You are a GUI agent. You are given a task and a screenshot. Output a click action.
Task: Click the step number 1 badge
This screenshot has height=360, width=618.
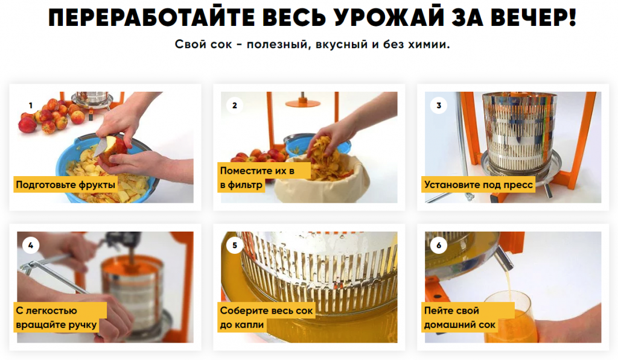[x=30, y=106]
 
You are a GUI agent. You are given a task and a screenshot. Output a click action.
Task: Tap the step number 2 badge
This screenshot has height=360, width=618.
[x=235, y=106]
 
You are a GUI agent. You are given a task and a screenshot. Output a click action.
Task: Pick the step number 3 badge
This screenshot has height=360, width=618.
[x=439, y=106]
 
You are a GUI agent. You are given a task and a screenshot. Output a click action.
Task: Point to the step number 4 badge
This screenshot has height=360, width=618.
[x=30, y=245]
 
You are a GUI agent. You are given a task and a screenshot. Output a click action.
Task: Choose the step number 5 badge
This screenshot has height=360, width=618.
[x=235, y=245]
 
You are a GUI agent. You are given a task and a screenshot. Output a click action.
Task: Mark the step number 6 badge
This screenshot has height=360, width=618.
[x=439, y=245]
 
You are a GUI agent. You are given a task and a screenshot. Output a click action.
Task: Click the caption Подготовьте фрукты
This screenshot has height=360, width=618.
[x=65, y=185]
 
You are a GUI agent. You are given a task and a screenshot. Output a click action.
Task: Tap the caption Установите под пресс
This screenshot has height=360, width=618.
[x=478, y=185]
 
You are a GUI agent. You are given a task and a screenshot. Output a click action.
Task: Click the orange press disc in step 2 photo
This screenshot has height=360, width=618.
[x=302, y=104]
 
